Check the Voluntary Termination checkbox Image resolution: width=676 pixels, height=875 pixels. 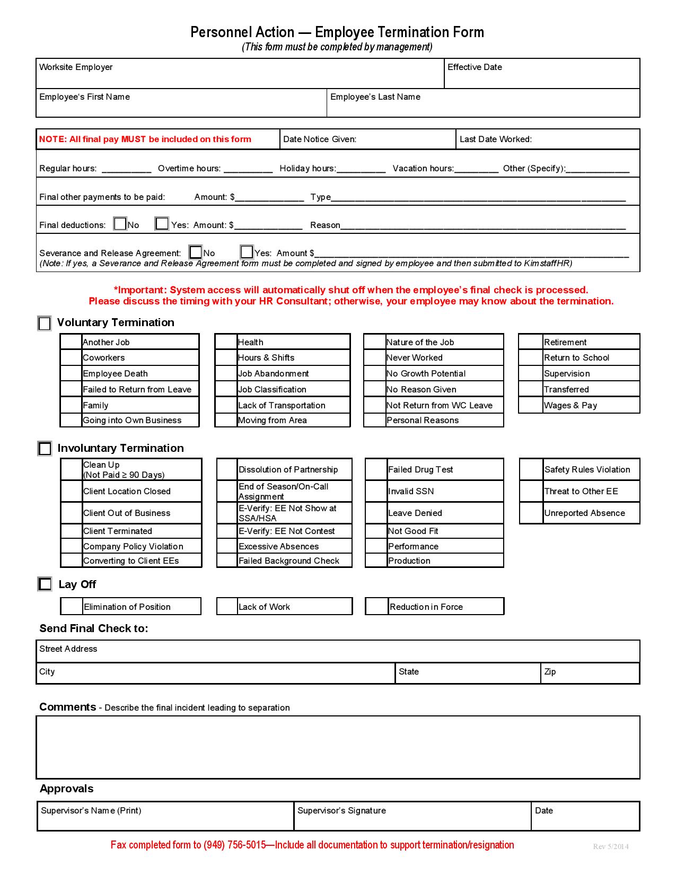point(45,323)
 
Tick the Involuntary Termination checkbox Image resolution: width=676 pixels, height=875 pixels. point(45,449)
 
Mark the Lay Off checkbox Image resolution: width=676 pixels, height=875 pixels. point(45,584)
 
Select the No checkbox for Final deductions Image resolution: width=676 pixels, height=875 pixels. point(120,224)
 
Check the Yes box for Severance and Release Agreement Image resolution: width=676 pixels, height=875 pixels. point(247,252)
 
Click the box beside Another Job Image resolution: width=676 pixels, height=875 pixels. point(71,342)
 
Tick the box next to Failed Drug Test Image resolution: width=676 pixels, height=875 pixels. point(376,469)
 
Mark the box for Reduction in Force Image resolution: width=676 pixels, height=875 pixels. point(376,607)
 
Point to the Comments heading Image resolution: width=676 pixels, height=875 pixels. point(67,707)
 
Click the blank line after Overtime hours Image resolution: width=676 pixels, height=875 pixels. point(248,169)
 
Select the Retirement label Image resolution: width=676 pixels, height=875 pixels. point(565,343)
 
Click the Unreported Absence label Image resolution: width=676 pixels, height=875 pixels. point(584,513)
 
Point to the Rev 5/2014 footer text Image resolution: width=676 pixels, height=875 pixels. point(610,846)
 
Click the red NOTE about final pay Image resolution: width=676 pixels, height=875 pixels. point(145,139)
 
